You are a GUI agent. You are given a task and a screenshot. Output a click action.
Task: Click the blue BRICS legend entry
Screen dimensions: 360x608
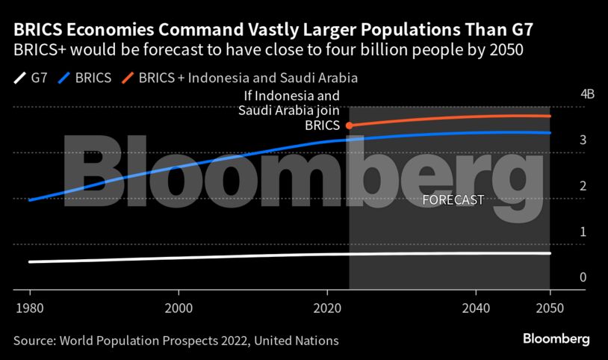coord(87,77)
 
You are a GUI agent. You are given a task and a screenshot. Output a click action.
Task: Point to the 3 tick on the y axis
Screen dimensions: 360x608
coord(562,140)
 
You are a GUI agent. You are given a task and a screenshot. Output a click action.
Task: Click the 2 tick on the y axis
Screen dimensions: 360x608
coord(562,186)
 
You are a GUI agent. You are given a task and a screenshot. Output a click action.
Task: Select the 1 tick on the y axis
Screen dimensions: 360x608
coord(562,232)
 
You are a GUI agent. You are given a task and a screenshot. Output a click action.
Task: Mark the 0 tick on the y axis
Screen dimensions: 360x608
coord(562,277)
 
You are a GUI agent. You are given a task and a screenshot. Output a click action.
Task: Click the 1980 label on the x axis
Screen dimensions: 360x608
coord(30,308)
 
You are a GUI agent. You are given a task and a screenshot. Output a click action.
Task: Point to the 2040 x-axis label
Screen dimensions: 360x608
coord(476,308)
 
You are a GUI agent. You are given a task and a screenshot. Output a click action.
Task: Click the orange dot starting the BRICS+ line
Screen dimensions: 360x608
coord(350,125)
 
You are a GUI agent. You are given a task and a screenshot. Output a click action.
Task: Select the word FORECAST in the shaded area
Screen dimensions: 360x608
coord(453,200)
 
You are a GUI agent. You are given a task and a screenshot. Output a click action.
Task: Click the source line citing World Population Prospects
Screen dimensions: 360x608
coord(176,341)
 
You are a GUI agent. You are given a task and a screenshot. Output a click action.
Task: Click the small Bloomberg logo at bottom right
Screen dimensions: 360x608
coord(556,339)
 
